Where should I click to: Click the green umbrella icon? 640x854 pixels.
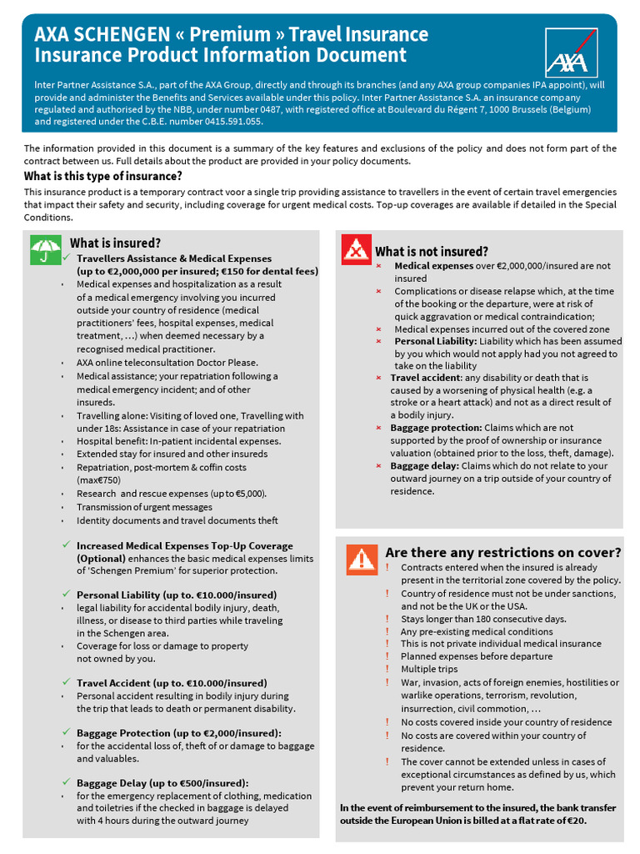(x=45, y=249)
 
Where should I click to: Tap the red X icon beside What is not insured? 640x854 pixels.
(x=356, y=249)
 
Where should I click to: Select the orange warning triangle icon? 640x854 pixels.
(x=362, y=558)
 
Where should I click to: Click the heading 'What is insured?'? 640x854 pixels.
(x=115, y=243)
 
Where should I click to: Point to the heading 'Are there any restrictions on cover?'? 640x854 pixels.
(x=502, y=552)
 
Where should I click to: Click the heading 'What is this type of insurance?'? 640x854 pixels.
(x=102, y=176)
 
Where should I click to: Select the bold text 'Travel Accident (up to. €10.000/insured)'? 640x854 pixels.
(x=172, y=682)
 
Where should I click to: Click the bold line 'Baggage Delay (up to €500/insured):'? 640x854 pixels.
(x=162, y=782)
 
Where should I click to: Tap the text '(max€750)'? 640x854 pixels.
(x=98, y=480)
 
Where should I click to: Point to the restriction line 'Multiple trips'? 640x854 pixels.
(x=429, y=669)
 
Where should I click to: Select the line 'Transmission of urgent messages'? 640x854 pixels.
(x=144, y=507)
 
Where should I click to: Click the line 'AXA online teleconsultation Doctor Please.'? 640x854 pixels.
(x=167, y=363)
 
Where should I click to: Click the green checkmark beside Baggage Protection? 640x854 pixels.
(x=66, y=731)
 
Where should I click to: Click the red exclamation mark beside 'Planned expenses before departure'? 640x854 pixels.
(x=387, y=656)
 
